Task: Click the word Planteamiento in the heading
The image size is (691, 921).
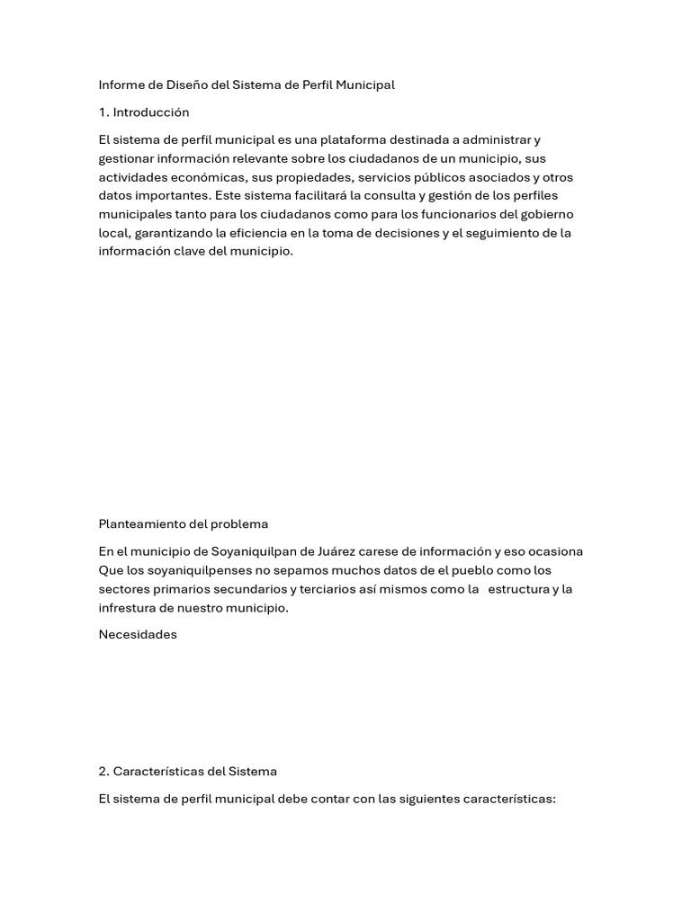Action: (142, 524)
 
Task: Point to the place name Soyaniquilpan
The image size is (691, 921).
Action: (255, 551)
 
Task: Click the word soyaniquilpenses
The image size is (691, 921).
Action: (191, 570)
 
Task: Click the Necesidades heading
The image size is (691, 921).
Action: (138, 635)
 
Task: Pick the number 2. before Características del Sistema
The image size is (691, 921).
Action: (103, 772)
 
